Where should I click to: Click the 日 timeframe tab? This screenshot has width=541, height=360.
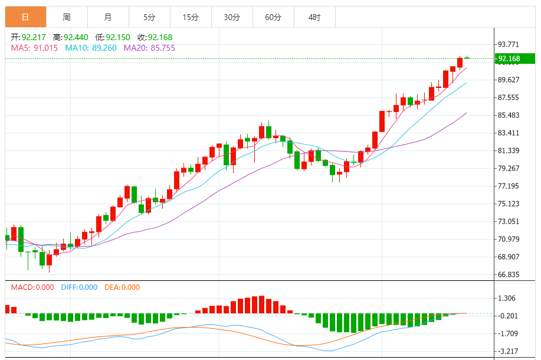(25, 17)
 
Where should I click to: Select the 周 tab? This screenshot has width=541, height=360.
(67, 17)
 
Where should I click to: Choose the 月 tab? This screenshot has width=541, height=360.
(108, 17)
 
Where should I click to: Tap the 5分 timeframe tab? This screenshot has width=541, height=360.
(149, 17)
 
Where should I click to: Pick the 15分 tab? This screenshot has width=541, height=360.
(191, 17)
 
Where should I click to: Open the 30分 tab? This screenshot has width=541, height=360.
(232, 17)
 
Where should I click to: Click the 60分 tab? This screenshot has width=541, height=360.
(273, 17)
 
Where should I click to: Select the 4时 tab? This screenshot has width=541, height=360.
(314, 17)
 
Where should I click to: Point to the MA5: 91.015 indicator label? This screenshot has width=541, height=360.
(34, 48)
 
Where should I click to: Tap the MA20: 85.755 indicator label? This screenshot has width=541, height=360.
(149, 48)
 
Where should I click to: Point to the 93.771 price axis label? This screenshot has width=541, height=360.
(509, 44)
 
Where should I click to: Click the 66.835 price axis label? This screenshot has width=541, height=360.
(509, 274)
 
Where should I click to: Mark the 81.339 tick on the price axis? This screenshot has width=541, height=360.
(509, 150)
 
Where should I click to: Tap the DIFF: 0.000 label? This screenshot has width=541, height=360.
(78, 287)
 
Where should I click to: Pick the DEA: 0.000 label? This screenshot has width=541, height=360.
(122, 287)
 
